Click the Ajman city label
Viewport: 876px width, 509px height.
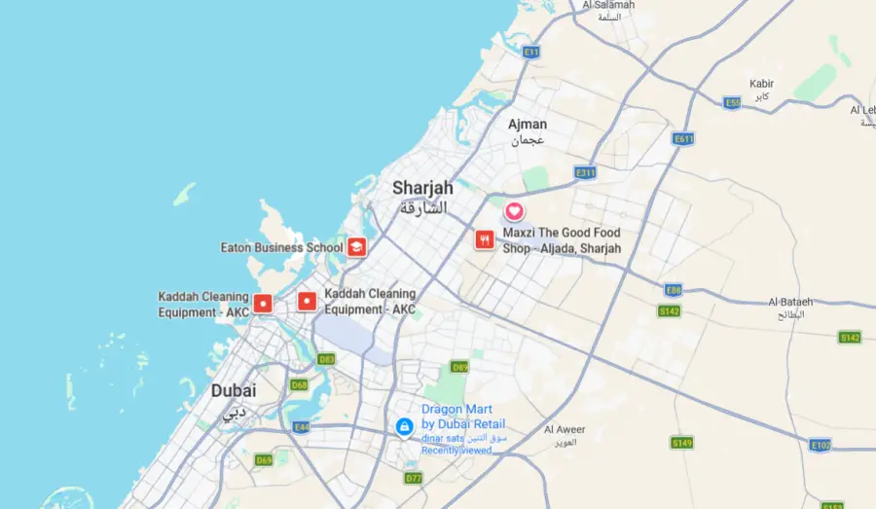click(528, 125)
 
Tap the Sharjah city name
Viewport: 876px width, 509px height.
click(422, 188)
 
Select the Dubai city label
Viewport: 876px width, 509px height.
click(234, 390)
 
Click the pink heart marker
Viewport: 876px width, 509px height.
click(514, 211)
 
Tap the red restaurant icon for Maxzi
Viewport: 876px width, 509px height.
click(484, 239)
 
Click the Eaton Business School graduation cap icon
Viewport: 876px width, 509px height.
click(357, 247)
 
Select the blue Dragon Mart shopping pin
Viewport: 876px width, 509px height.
click(404, 426)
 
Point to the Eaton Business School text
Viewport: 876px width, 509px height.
click(281, 247)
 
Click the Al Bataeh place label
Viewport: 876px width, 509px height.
click(789, 302)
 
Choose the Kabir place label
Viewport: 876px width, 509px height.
click(761, 84)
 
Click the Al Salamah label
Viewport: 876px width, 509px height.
click(608, 5)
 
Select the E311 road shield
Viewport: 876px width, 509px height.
click(585, 172)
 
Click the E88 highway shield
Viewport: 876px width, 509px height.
click(672, 290)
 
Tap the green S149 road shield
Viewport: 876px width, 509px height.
click(682, 443)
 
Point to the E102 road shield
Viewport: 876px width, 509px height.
click(821, 445)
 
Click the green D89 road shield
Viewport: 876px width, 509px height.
click(459, 367)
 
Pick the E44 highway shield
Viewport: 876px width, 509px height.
click(302, 427)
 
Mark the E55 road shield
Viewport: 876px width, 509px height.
click(733, 102)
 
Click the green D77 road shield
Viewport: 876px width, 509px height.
click(413, 478)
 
